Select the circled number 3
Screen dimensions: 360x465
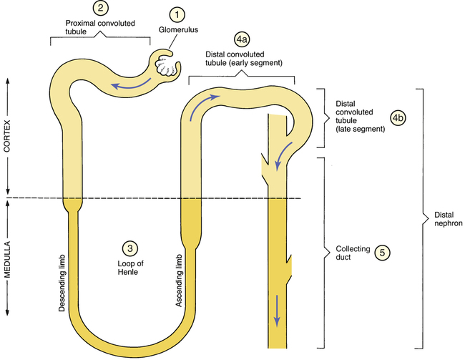click(x=129, y=248)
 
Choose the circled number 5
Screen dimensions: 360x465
click(x=383, y=252)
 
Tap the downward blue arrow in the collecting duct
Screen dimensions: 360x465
click(x=277, y=311)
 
